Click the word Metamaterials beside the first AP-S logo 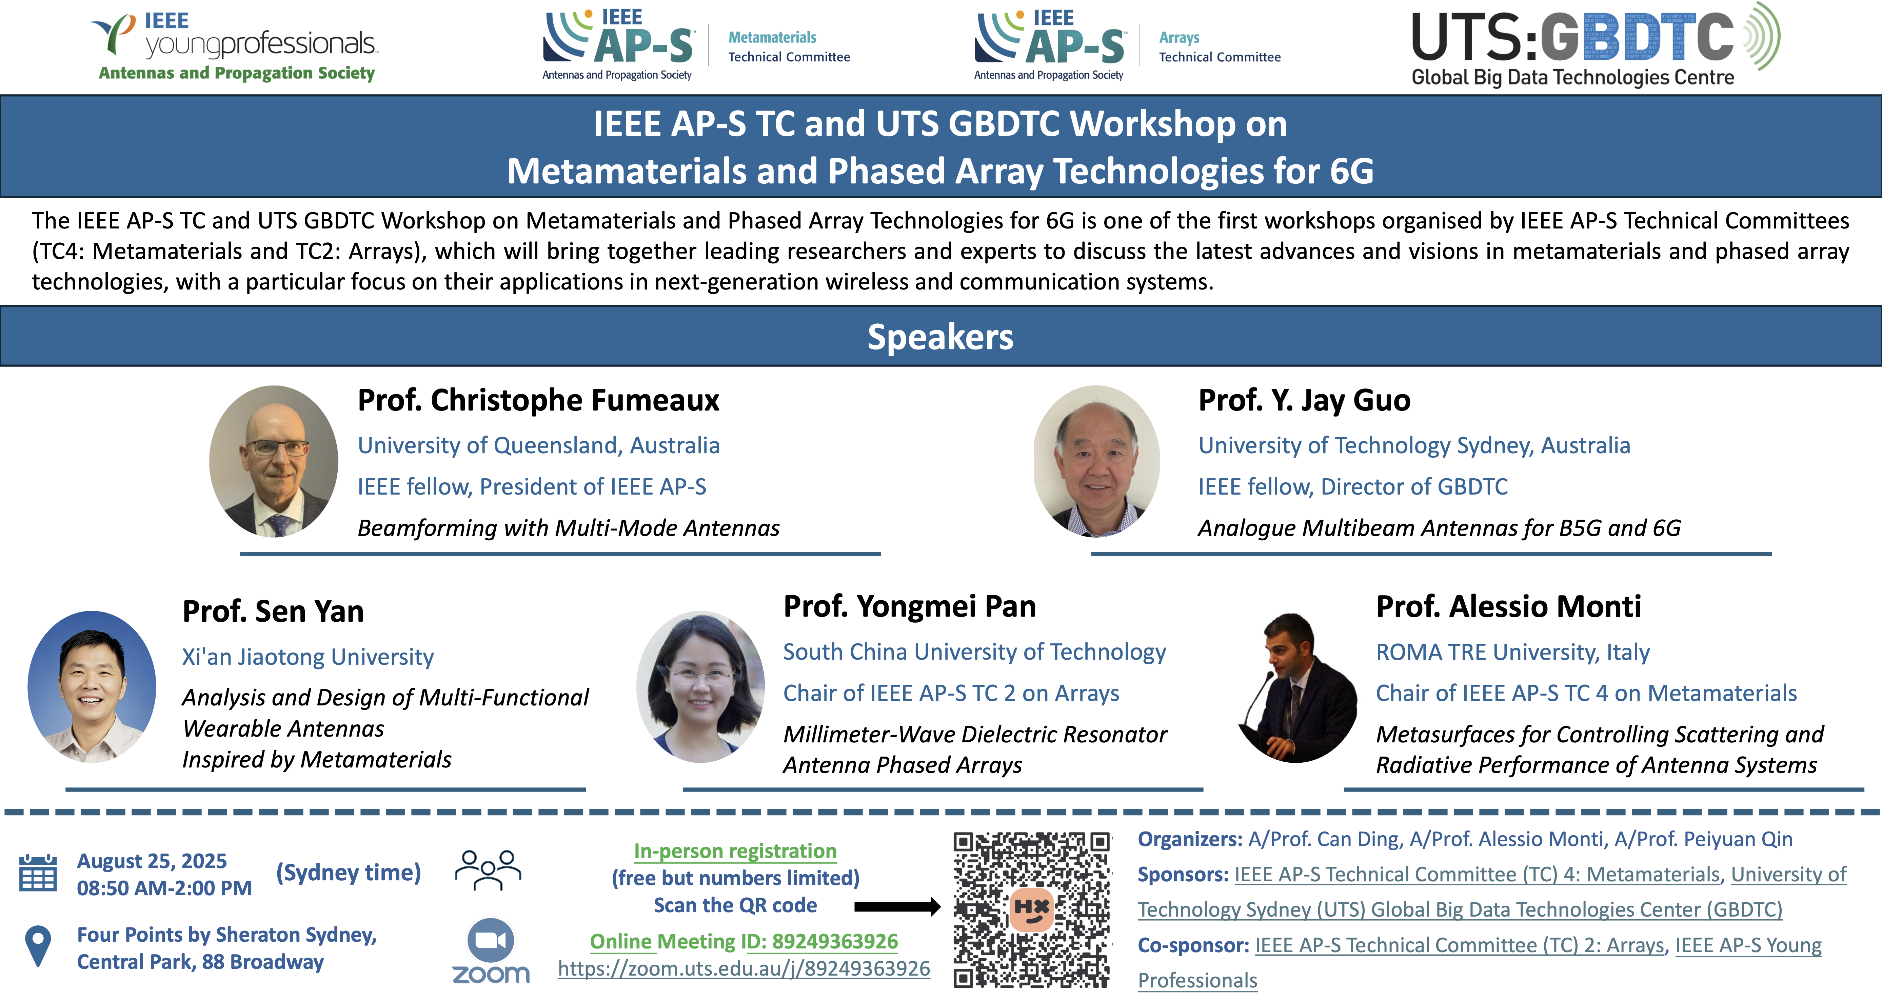772,37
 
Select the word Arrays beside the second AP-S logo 1179,37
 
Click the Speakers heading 940,337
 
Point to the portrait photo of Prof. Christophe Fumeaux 274,461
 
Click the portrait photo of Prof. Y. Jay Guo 1096,461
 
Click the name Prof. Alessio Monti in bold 1509,606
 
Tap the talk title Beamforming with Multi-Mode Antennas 569,527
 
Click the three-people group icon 488,869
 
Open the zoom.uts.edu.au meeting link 744,969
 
